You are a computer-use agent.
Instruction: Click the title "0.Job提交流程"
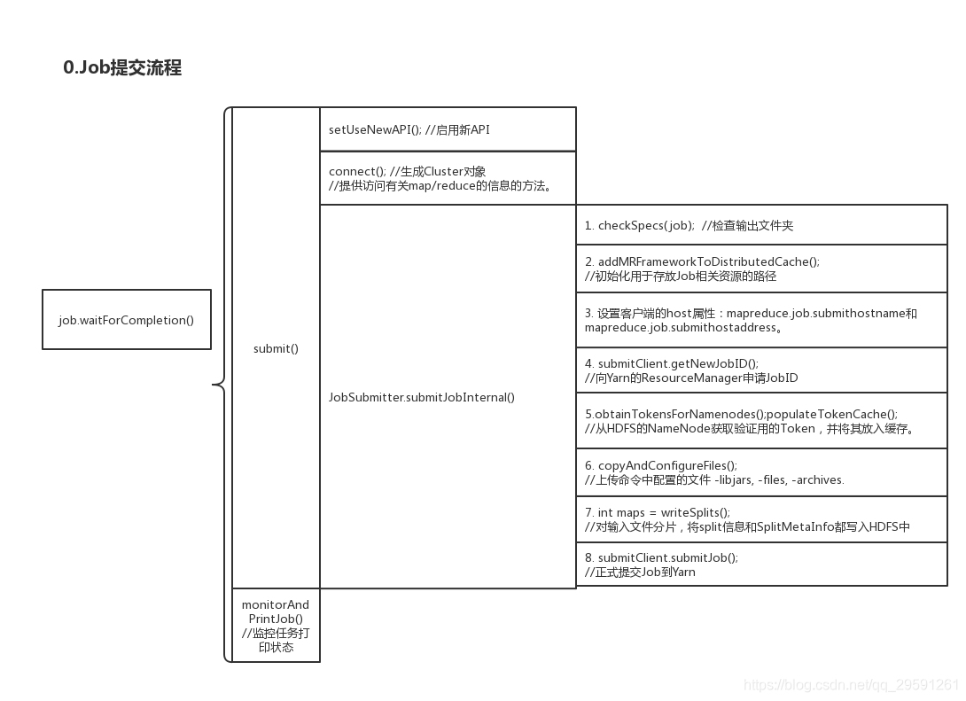122,68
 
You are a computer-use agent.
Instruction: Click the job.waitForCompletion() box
127,320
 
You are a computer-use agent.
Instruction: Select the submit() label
276,349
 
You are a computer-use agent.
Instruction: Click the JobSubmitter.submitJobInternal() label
421,397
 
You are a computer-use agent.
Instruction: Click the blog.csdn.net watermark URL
850,685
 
